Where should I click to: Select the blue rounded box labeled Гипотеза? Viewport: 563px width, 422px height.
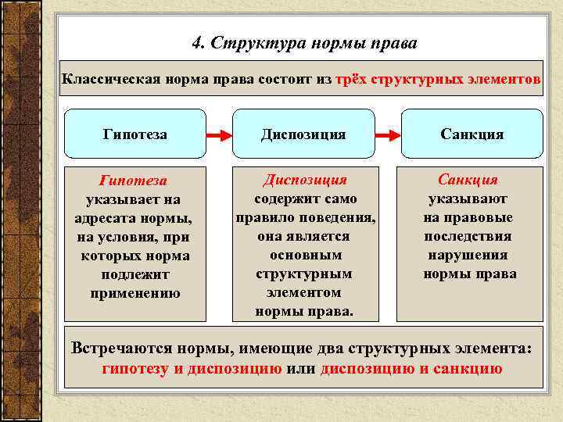[134, 134]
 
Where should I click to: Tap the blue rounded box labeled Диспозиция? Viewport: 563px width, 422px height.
[303, 134]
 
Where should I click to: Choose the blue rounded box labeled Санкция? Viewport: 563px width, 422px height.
[472, 134]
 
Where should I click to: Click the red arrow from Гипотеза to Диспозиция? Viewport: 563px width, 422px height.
[219, 134]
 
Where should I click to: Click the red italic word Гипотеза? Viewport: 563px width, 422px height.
[134, 181]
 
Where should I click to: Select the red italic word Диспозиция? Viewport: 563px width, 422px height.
[304, 180]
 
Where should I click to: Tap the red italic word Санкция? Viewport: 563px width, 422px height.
[468, 180]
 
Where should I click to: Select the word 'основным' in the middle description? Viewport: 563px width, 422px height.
[304, 255]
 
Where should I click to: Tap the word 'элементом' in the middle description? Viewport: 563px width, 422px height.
[304, 292]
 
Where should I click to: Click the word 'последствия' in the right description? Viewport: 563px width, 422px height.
[468, 236]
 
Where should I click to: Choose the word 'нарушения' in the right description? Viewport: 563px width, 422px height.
[468, 255]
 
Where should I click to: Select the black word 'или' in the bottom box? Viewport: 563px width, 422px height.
[301, 369]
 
